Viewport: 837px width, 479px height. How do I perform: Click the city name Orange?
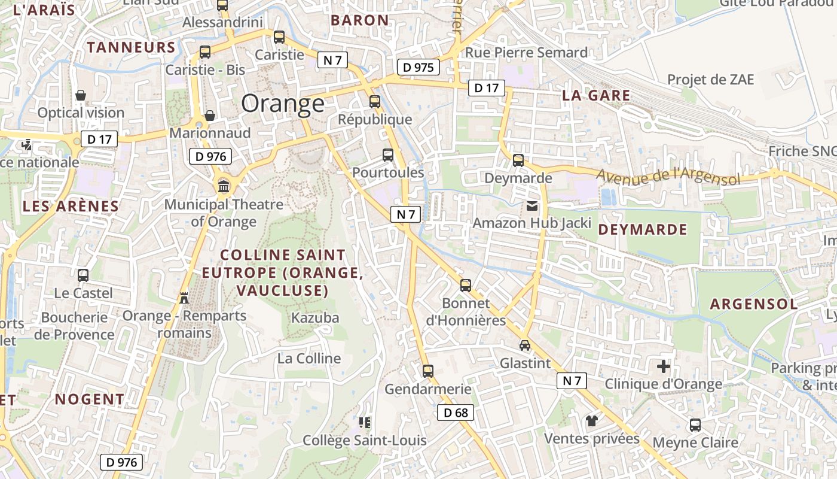tap(283, 104)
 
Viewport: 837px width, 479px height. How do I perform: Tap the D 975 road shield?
tap(418, 67)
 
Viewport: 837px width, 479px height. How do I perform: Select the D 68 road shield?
tap(456, 413)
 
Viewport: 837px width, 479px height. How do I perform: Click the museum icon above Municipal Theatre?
tap(224, 186)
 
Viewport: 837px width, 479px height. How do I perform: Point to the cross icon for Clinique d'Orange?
tap(664, 366)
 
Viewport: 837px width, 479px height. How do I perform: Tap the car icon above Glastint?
tap(524, 345)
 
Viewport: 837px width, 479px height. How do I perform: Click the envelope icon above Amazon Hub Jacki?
tap(532, 206)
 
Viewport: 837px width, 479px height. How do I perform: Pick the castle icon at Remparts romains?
tap(184, 298)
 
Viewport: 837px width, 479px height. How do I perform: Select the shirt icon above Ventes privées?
tap(592, 421)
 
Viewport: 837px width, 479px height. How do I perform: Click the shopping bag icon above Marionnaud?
tap(210, 115)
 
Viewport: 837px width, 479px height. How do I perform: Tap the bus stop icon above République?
tap(375, 102)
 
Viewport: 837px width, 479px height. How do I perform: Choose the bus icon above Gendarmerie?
tap(428, 371)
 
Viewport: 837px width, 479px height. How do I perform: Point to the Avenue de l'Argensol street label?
tap(668, 177)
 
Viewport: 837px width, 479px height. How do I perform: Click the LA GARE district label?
tap(596, 95)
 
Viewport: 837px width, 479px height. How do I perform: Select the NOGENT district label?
tap(90, 399)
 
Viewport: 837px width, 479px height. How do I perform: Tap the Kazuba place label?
tap(315, 318)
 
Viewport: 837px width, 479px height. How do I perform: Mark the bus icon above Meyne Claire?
tap(695, 425)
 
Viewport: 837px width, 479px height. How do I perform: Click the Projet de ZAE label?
tap(711, 80)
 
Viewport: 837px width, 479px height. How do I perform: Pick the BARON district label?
tap(360, 20)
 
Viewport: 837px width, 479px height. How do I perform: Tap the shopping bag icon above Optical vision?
tap(81, 95)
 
